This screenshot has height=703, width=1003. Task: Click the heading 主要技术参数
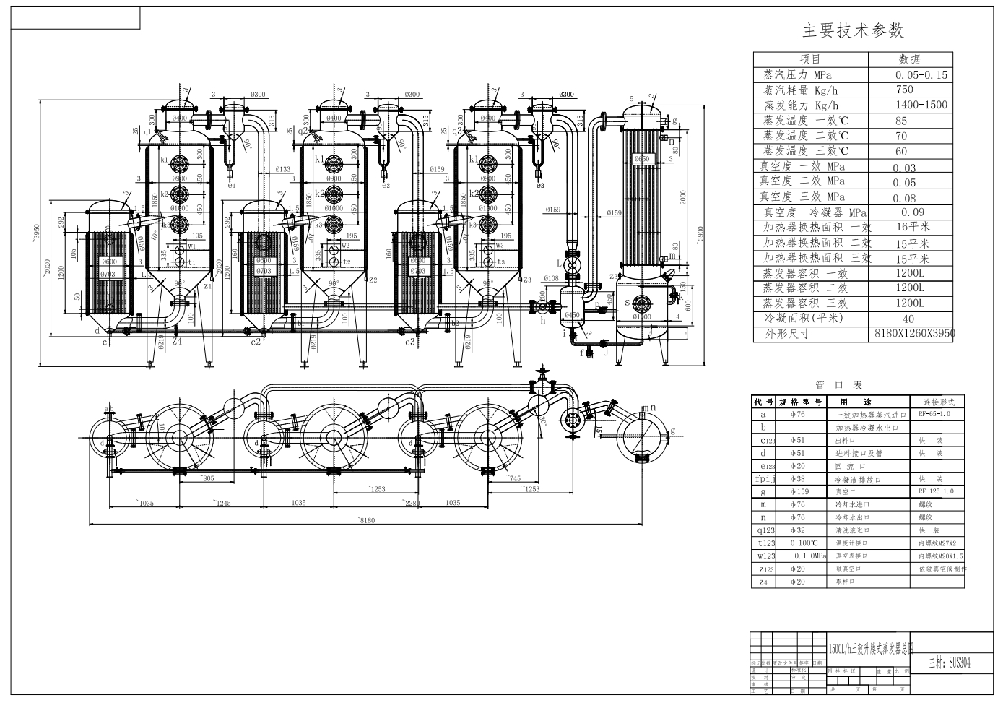point(853,30)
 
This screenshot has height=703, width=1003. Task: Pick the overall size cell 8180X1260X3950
point(913,333)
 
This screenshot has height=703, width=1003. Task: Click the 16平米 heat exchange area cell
point(912,227)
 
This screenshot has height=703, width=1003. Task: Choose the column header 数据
point(909,59)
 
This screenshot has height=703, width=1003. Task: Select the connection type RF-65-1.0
point(934,415)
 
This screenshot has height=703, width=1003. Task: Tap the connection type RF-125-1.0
point(936,491)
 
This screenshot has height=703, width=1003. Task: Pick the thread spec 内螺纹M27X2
point(937,543)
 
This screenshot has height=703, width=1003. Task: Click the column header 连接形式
point(936,402)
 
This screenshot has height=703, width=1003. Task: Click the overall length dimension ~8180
point(368,519)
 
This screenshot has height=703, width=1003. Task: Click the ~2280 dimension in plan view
point(412,503)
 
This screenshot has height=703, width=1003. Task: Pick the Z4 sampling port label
point(177,342)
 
